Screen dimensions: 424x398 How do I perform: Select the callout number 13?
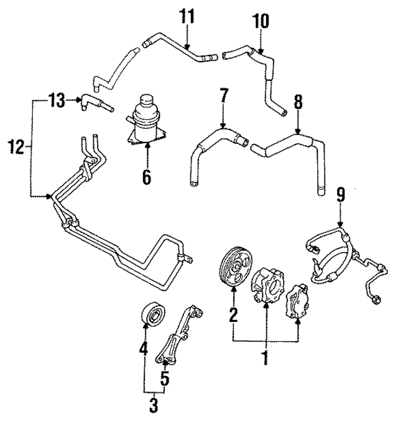[57, 100]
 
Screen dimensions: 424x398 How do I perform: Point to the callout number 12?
[16, 148]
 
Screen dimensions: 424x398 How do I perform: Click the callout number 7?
[223, 97]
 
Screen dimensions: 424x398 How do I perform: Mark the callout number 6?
[146, 177]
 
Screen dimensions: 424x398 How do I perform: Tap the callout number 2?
[233, 315]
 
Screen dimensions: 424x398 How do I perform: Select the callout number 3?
[154, 406]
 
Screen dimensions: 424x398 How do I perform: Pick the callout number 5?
[165, 377]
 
